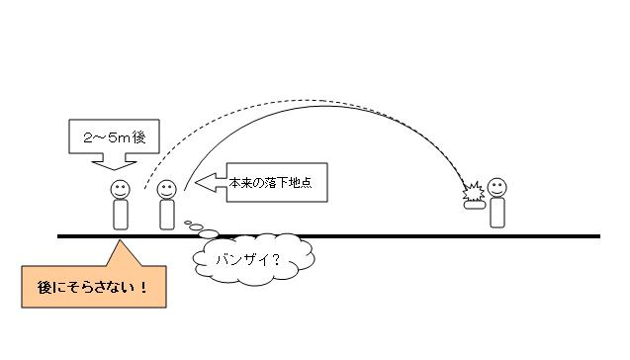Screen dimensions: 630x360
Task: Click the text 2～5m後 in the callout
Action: [114, 137]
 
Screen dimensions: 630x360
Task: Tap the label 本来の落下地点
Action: [270, 183]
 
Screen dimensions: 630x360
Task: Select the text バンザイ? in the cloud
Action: [248, 260]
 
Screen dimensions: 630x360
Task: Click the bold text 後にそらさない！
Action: [92, 287]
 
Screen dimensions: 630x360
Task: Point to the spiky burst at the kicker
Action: [474, 192]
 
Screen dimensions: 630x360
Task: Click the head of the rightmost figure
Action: [497, 188]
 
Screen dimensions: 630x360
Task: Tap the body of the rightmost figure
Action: [497, 213]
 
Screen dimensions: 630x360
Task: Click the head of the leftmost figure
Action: [120, 189]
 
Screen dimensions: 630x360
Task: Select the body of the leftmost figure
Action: [121, 215]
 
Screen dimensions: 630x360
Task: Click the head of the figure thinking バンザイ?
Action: [167, 189]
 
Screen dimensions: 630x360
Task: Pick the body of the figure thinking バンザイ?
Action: [167, 215]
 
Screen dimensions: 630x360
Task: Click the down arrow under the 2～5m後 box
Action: [114, 161]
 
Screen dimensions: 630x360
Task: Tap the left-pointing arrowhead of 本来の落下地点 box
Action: [206, 182]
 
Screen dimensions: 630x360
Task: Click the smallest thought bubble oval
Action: [188, 223]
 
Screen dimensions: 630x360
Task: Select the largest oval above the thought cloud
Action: [209, 233]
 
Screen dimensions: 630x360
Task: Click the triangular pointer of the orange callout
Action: [123, 255]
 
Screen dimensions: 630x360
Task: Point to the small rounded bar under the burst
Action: [475, 205]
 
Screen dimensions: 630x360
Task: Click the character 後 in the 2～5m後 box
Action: [138, 137]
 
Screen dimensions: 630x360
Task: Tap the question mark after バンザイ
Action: [275, 260]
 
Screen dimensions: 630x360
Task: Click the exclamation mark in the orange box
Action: [143, 287]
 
